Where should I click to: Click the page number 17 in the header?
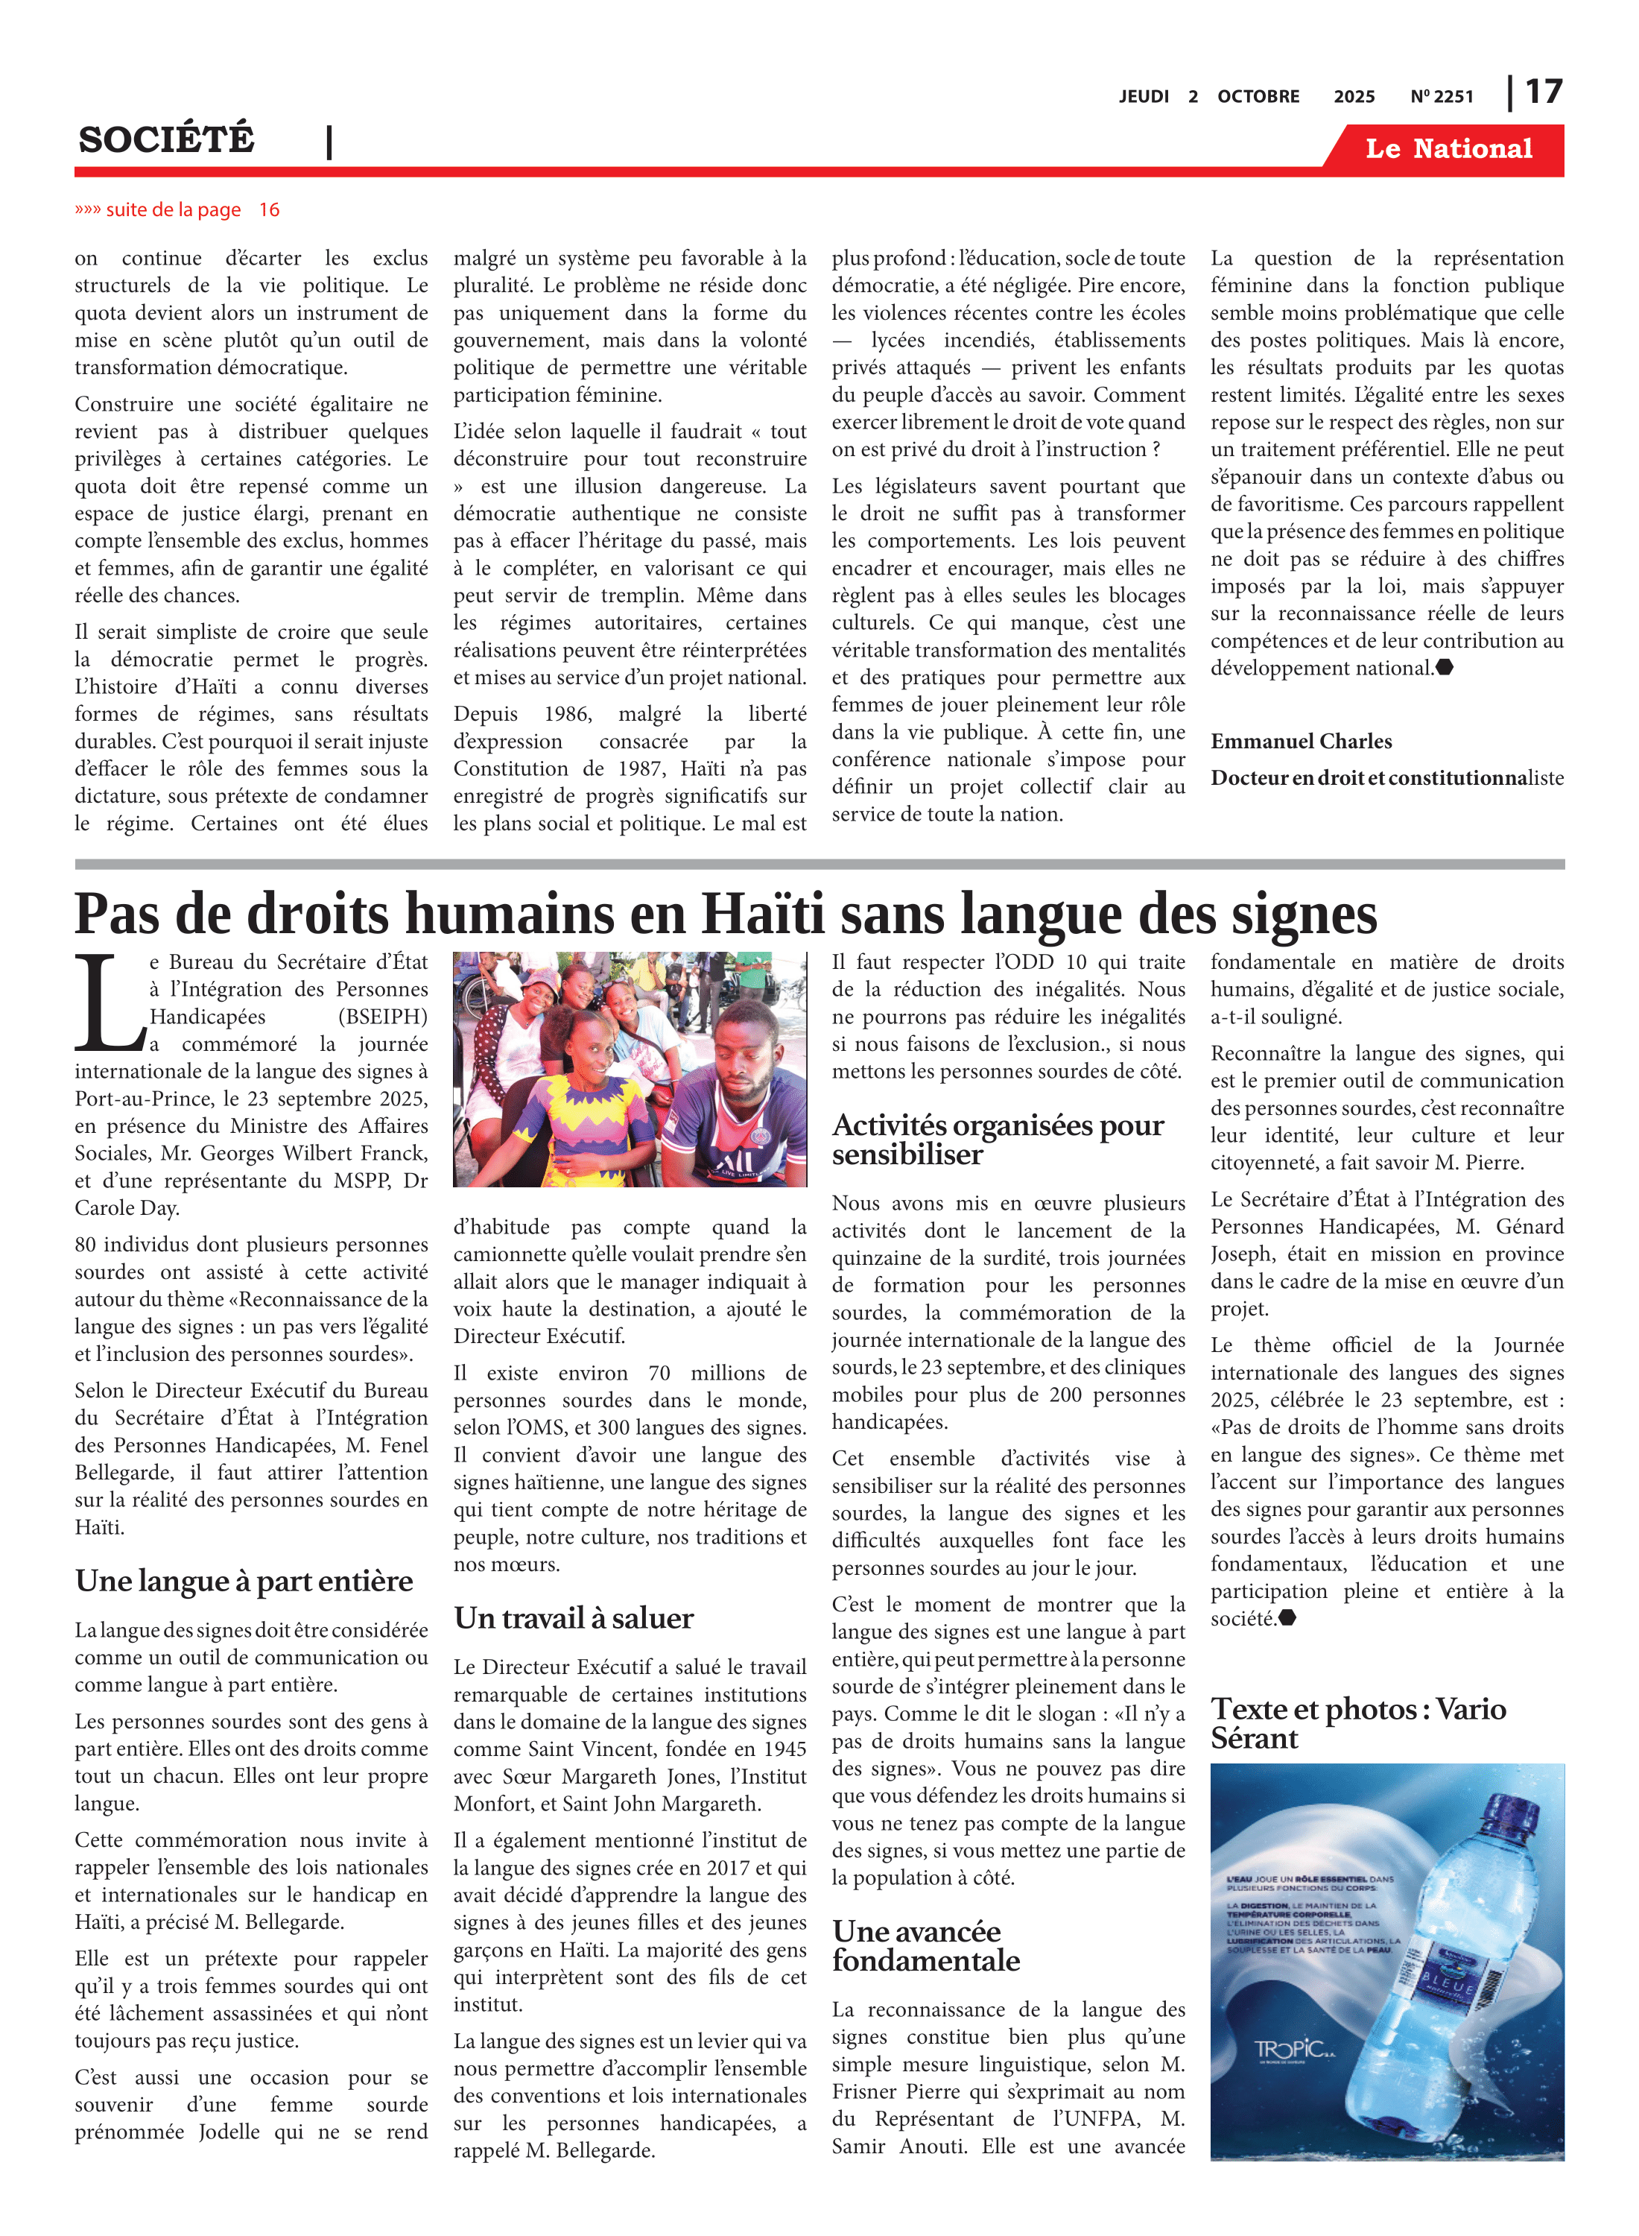click(1543, 92)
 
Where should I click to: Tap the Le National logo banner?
click(1448, 149)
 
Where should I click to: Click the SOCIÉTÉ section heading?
click(167, 140)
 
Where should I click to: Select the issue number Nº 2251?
click(1442, 96)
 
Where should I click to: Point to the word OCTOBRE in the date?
click(1258, 96)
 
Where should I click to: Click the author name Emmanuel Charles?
click(1301, 742)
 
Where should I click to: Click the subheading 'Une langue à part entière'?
click(244, 1580)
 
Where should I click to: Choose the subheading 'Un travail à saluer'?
click(574, 1617)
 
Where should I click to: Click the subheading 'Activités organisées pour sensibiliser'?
click(997, 1140)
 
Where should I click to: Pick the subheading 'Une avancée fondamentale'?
click(925, 1945)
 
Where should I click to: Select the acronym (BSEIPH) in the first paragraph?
click(382, 1017)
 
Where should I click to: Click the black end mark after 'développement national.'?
click(1445, 668)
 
